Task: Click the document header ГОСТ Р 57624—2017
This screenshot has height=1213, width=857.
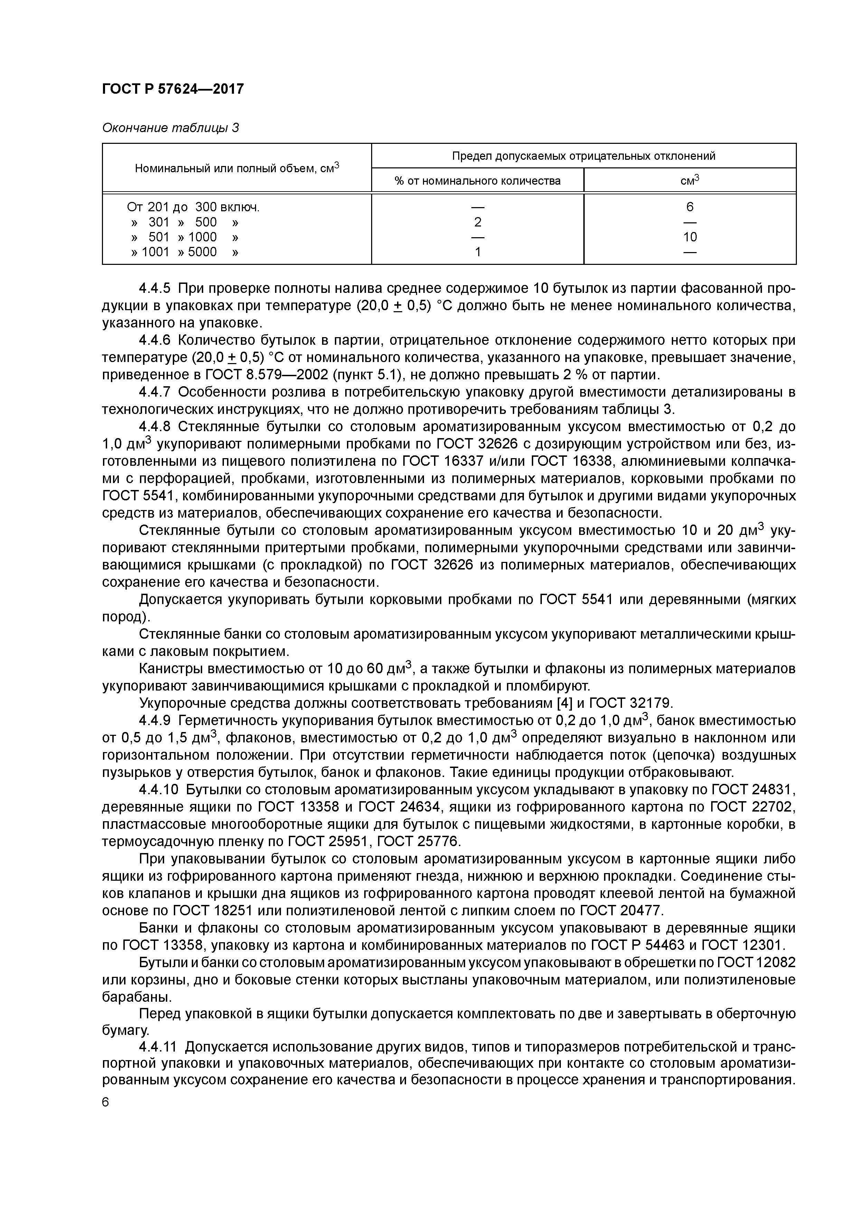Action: coord(173,89)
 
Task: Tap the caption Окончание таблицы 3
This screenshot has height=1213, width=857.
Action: coord(170,128)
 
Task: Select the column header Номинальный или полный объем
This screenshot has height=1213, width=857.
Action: coord(237,168)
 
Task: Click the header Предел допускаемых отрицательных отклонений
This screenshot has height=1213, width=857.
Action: coord(583,156)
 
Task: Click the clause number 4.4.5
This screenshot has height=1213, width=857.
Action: coord(155,288)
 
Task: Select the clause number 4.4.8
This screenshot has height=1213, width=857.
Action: coord(155,427)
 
